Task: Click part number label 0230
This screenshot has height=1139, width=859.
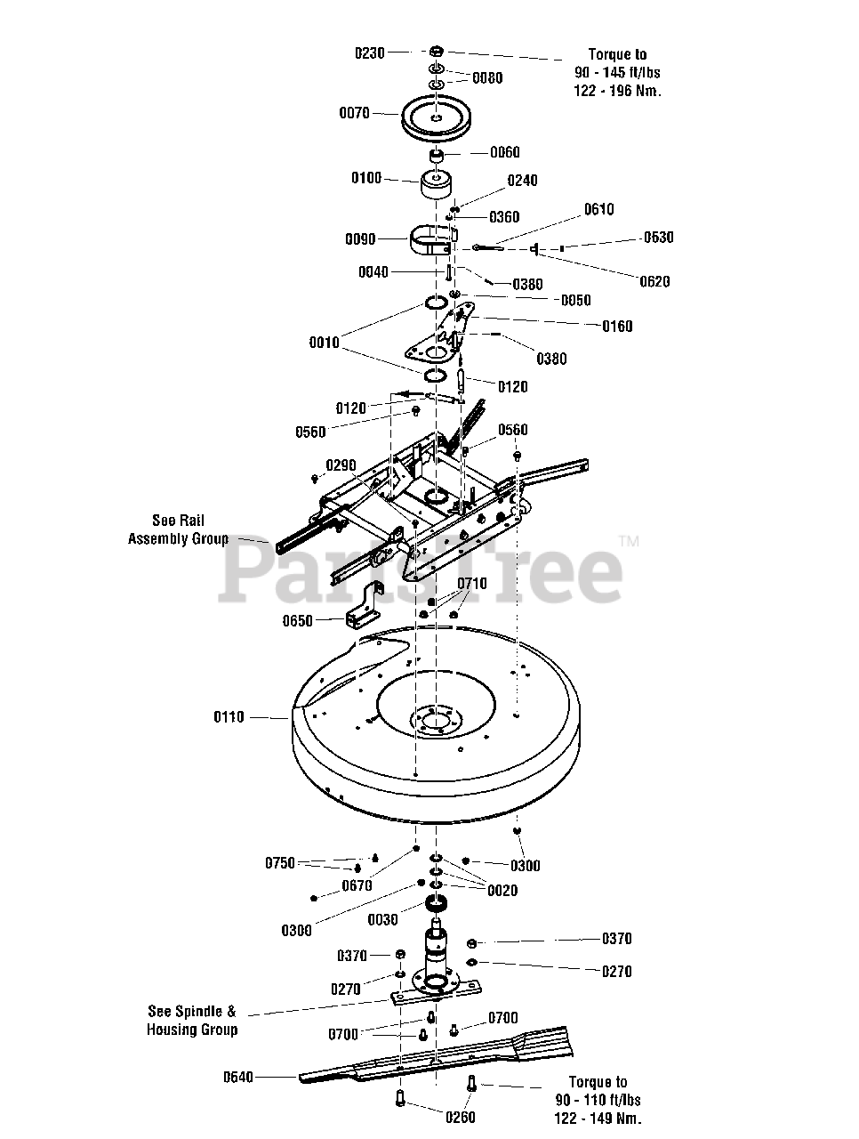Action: point(370,53)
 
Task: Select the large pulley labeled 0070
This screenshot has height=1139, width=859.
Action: point(435,119)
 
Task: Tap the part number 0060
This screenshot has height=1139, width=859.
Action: point(505,152)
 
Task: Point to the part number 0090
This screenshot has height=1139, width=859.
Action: point(360,239)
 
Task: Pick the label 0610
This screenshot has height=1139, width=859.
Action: point(598,210)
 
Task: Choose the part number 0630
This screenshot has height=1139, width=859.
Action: point(659,238)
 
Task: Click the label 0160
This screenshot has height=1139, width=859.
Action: point(617,327)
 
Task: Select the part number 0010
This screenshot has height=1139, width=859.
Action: point(324,343)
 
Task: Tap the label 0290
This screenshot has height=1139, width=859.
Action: point(341,465)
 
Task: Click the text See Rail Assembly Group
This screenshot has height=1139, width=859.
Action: point(178,529)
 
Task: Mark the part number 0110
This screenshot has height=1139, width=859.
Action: point(229,717)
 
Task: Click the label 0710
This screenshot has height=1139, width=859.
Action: point(472,584)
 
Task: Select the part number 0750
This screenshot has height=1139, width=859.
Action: point(280,863)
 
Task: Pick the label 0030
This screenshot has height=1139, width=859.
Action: point(383,920)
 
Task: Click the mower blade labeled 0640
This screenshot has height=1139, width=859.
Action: point(435,1059)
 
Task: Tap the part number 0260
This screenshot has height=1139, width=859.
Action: point(461,1118)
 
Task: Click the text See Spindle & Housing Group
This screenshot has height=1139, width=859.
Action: point(192,1021)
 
